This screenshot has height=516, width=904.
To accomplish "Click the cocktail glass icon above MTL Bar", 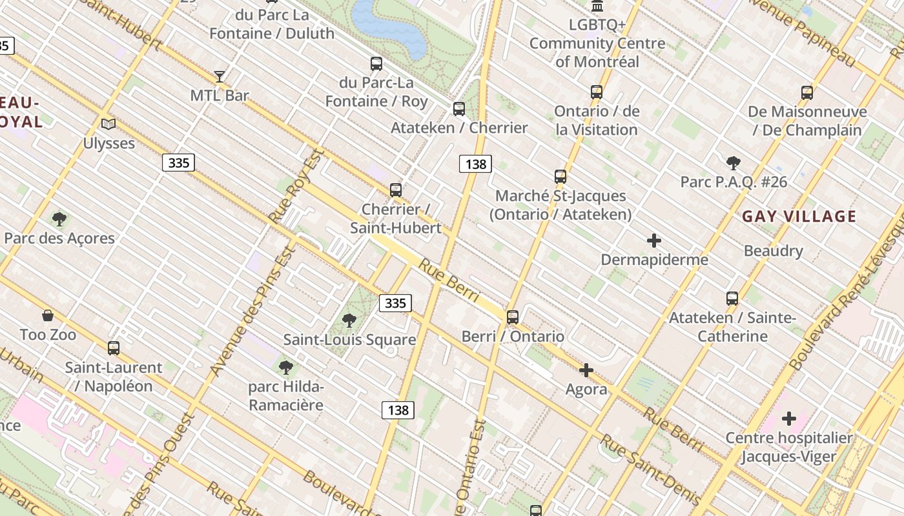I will pos(220,77).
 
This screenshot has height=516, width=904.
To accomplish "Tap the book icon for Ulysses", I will pos(108,124).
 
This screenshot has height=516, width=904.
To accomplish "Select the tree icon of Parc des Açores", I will pos(59,219).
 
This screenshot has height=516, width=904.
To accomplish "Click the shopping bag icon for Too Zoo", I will pos(48,315).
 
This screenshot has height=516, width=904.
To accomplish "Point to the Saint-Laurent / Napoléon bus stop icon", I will pos(114,348).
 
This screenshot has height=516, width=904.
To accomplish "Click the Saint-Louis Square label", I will pos(349,339).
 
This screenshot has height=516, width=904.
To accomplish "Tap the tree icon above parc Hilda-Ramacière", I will pos(285,368).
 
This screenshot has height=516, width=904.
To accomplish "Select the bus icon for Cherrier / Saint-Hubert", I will pos(396,190).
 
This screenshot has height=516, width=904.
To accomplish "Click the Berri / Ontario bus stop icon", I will pos(513,317).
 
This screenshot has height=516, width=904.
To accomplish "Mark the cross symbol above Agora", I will pos(586,370).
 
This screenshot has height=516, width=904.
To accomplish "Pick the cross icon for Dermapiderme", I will pos(654,241).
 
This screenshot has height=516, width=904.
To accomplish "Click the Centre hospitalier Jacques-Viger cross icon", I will pos(788,419).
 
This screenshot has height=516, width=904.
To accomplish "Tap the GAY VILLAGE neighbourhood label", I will pos(799,217).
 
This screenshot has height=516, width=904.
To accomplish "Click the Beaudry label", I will pos(773,251).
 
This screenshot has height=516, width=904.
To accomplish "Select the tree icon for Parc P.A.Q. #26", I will pos(733,163).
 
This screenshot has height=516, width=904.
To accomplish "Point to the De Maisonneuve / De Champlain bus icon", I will pos(807,93).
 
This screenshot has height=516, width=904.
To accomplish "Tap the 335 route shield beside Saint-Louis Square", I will pos(395,303).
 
